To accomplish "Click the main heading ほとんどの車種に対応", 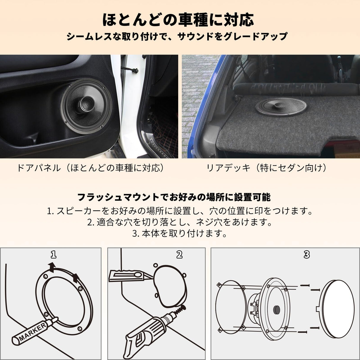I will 178,20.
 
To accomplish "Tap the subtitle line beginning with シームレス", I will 177,36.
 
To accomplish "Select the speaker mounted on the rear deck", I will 281,106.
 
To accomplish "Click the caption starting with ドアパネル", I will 91,168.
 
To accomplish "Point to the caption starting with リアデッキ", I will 267,168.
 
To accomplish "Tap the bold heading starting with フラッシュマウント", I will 174,197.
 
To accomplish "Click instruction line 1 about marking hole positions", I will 180,211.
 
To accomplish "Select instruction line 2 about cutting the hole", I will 180,222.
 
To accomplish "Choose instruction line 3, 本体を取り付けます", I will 180,233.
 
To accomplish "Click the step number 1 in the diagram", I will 53,254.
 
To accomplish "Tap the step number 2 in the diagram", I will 179,254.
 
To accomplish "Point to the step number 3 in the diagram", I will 307,254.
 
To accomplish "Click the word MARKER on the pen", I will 33,332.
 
